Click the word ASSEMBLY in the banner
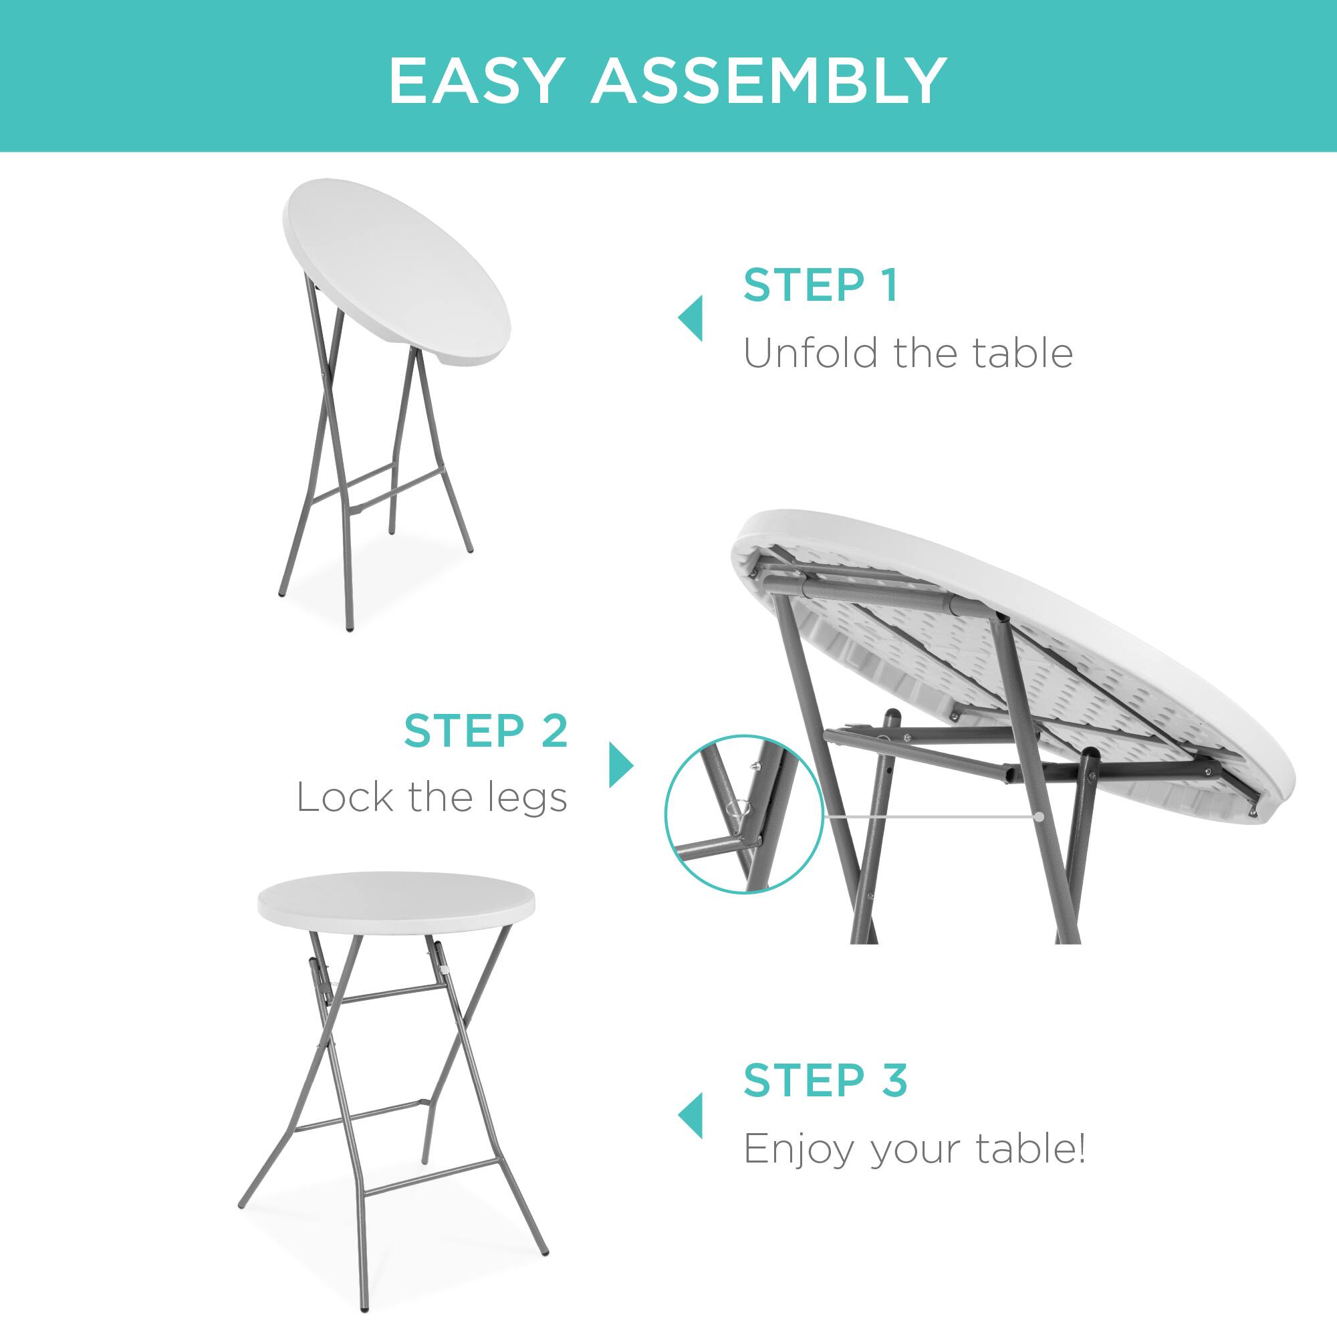point(768,82)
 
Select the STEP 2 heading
point(486,731)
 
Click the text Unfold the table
point(908,354)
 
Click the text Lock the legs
point(432,798)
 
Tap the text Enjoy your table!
point(913,1149)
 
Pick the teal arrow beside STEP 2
point(621,765)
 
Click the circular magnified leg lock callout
point(743,813)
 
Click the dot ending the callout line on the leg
point(1040,817)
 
